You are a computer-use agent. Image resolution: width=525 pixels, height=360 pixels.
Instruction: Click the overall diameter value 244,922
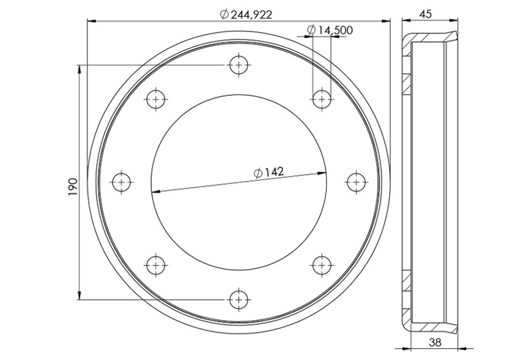(251, 14)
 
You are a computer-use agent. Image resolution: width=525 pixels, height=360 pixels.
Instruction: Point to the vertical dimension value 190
(73, 186)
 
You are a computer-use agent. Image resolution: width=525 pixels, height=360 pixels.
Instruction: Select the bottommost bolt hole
(238, 299)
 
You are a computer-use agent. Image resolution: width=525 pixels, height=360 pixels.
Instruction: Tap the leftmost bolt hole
(121, 182)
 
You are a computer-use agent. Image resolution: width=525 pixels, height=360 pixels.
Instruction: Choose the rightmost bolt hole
(355, 182)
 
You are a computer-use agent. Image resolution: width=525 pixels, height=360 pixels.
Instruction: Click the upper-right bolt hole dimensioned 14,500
(321, 99)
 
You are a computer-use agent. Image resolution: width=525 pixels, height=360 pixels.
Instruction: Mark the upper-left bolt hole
(156, 99)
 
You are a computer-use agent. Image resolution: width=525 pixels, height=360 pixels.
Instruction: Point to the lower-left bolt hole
(156, 265)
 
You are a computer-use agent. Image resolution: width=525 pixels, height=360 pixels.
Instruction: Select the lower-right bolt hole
(321, 265)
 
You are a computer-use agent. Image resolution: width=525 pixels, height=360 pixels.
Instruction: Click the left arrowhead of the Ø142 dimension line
(155, 191)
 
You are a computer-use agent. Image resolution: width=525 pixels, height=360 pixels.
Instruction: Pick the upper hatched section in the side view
(406, 83)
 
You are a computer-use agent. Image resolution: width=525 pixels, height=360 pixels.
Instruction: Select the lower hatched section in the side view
(406, 282)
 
